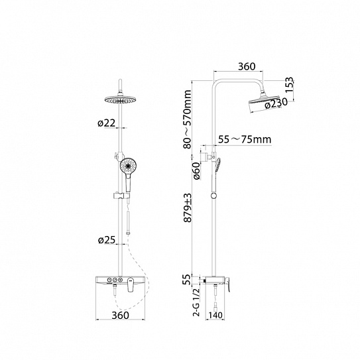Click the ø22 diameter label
106,123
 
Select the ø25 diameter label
107,240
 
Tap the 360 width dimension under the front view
120,315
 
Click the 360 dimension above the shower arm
247,66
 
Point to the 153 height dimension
290,85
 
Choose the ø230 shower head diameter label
276,103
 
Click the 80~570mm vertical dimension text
188,119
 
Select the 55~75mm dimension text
245,139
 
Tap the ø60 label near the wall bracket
197,170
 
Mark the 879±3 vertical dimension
188,208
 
